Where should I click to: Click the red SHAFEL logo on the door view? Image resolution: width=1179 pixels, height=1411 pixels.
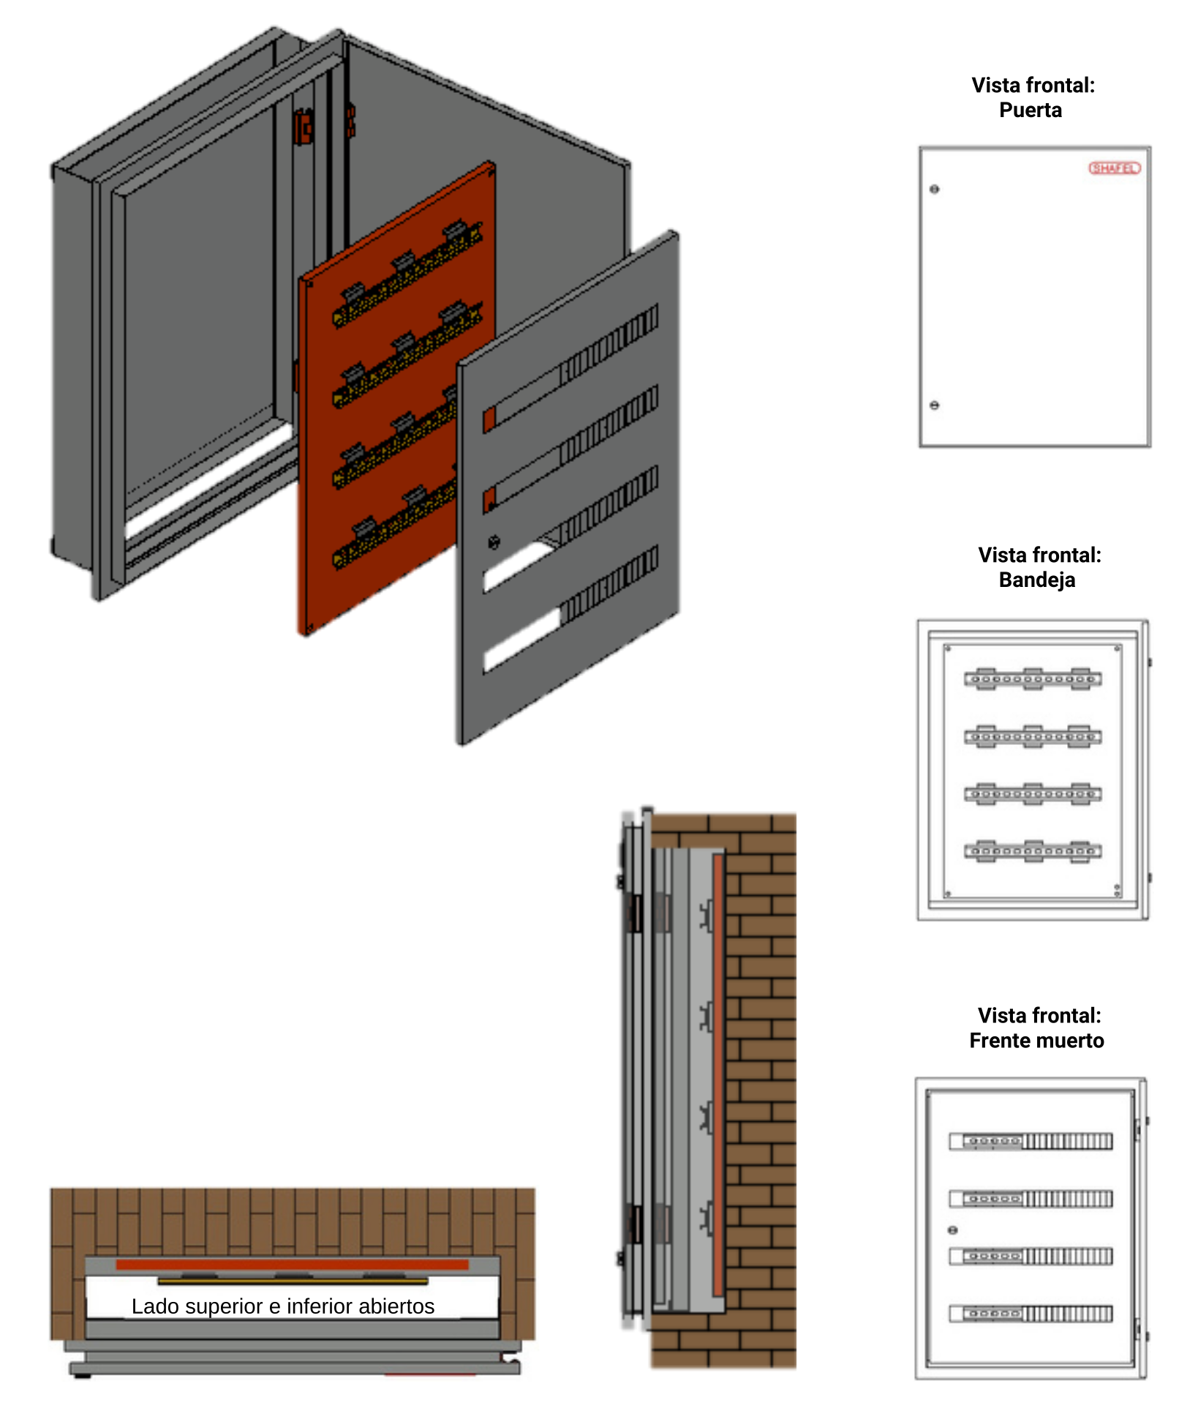pyautogui.click(x=1114, y=168)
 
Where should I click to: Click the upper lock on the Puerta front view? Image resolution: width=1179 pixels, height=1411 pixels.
pyautogui.click(x=934, y=190)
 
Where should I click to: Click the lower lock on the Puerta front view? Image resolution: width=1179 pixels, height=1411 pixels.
pyautogui.click(x=934, y=405)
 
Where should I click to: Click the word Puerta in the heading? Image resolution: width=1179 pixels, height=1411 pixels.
pyautogui.click(x=1030, y=111)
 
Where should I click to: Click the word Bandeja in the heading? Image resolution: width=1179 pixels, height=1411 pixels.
pyautogui.click(x=1036, y=580)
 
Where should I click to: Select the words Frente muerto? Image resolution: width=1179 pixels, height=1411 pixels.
pyautogui.click(x=1036, y=1040)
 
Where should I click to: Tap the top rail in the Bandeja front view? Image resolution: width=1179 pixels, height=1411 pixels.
pyautogui.click(x=1032, y=678)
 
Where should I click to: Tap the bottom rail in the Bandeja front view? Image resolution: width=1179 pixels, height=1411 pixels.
pyautogui.click(x=1032, y=851)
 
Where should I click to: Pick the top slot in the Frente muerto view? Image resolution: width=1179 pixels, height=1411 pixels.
pyautogui.click(x=1031, y=1141)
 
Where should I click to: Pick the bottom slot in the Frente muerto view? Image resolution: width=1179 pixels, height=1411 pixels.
pyautogui.click(x=1031, y=1314)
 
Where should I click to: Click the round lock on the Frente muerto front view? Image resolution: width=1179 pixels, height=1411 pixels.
pyautogui.click(x=952, y=1230)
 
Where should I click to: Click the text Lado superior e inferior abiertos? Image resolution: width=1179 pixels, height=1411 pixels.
pyautogui.click(x=283, y=1306)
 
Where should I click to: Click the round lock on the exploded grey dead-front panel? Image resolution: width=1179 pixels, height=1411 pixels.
pyautogui.click(x=494, y=542)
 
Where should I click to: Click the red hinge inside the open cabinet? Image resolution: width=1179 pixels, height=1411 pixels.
pyautogui.click(x=303, y=127)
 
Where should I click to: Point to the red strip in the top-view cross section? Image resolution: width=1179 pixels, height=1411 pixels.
pyautogui.click(x=292, y=1264)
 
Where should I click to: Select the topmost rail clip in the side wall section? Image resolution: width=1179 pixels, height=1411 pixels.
pyautogui.click(x=706, y=916)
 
